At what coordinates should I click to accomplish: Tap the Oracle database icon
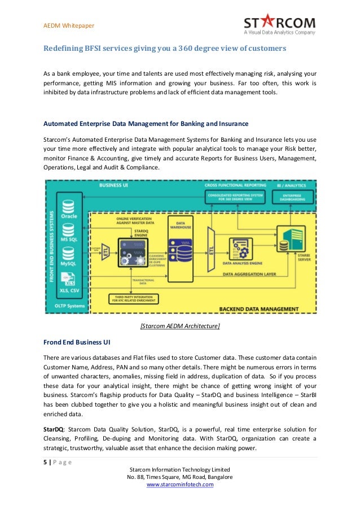click(68, 206)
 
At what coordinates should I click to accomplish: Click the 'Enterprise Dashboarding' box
click(289, 198)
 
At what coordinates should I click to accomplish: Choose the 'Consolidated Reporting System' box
click(236, 198)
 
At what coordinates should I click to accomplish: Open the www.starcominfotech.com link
click(180, 485)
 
